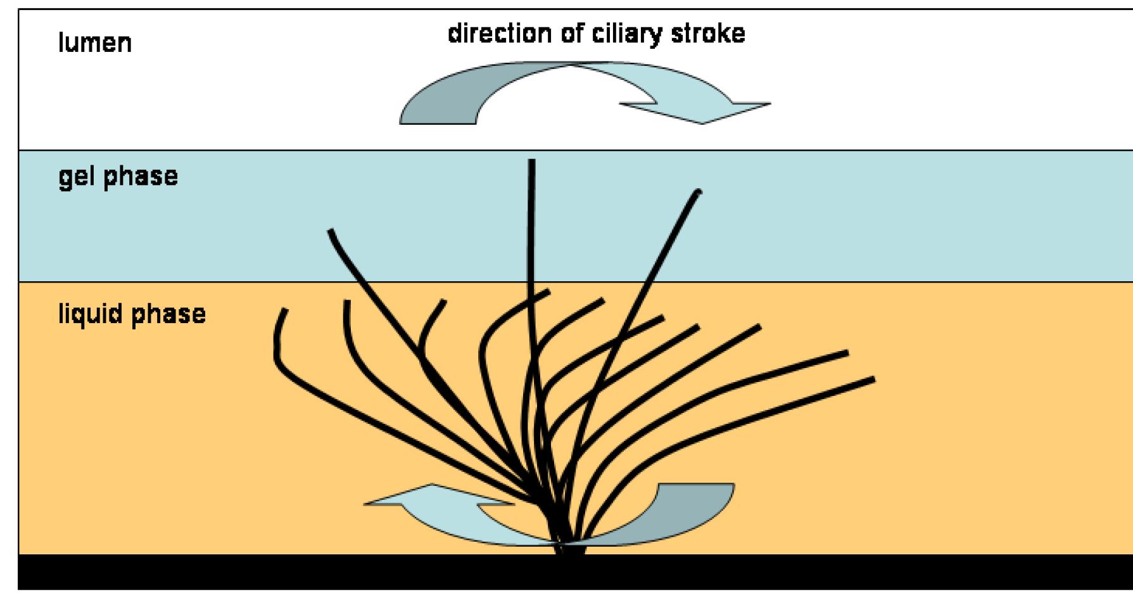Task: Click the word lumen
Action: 95,44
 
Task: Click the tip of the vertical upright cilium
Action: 531,162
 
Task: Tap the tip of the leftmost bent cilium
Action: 285,310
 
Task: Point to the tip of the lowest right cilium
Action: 873,379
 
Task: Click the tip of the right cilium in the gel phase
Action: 698,191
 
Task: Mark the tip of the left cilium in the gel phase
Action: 330,232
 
